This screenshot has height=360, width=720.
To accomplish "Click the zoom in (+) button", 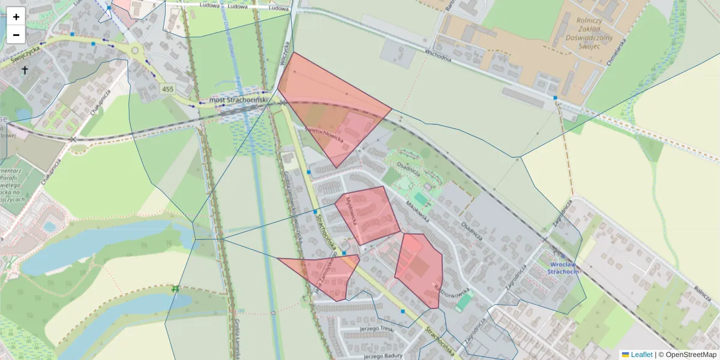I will coord(16,17).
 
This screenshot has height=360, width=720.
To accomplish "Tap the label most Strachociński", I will coord(238,100).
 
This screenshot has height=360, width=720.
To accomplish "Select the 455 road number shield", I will coord(167,89).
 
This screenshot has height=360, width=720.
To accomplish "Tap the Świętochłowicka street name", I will coord(324,134).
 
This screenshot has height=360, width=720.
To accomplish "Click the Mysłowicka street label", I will coord(350,212).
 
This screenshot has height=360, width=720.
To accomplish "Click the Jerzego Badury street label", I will coord(382,356).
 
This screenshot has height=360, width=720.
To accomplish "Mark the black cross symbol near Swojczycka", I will coord(25,70).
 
